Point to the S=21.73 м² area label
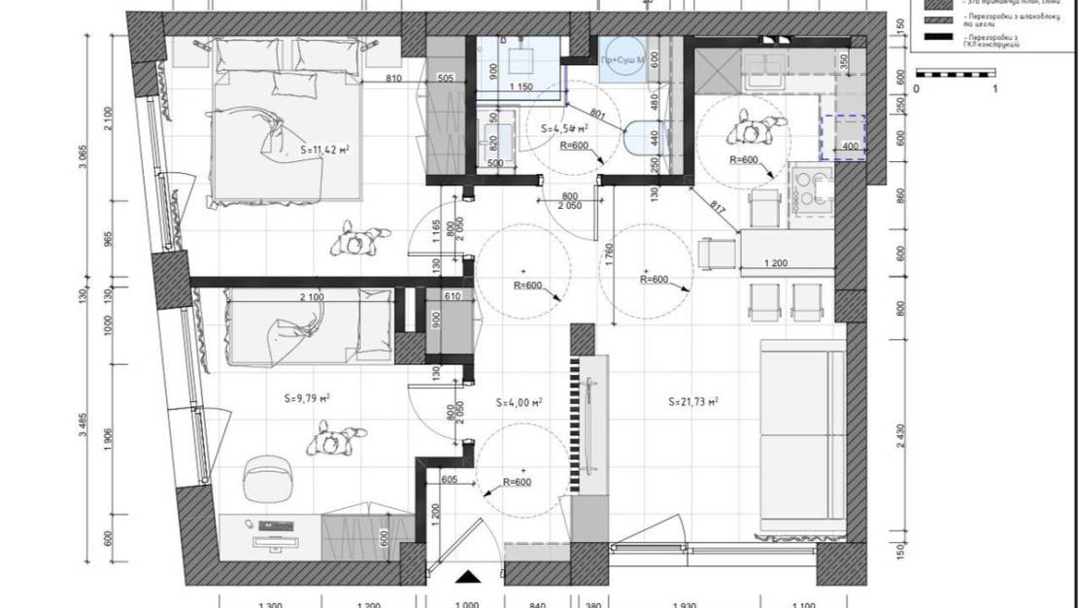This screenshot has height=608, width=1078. point(692,401)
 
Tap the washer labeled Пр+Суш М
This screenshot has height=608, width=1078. point(623,60)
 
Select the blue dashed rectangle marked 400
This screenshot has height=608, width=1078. point(841,137)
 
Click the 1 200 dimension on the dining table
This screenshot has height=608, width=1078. point(776,263)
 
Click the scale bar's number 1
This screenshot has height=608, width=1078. point(996,89)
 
